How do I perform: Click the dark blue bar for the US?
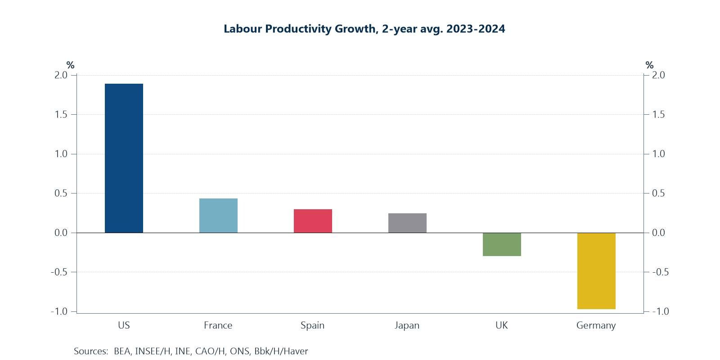click(x=124, y=158)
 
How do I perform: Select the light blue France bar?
click(x=218, y=216)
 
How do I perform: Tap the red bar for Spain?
click(x=313, y=221)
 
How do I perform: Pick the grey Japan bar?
click(x=407, y=223)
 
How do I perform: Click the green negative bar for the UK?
click(x=502, y=244)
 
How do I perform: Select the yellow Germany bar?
click(x=596, y=271)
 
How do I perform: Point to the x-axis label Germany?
click(x=596, y=325)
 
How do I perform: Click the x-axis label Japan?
click(x=407, y=325)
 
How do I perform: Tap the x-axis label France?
click(x=218, y=325)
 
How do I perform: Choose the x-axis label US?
click(x=124, y=325)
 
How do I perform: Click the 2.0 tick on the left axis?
click(x=61, y=75)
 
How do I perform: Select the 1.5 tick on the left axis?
click(x=61, y=115)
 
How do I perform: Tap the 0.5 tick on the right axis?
click(x=658, y=193)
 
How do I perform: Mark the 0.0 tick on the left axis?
click(x=61, y=233)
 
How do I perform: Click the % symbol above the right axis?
click(x=649, y=65)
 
